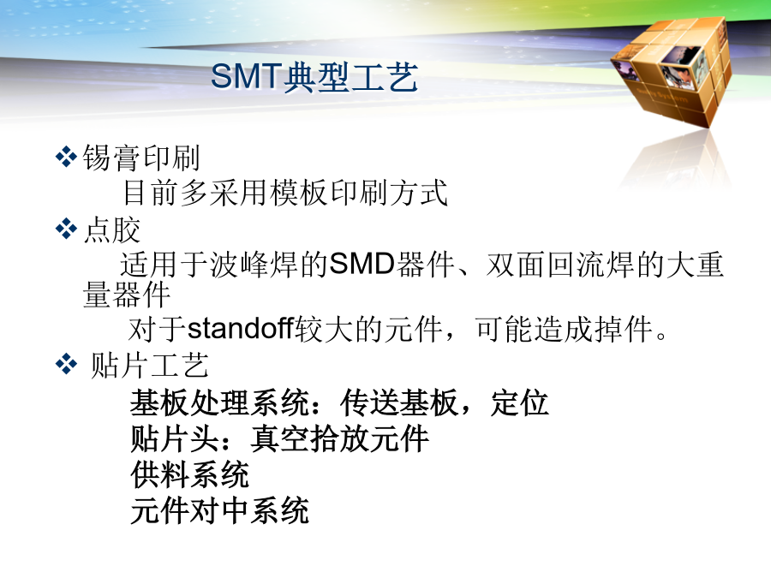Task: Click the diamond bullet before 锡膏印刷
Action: click(x=66, y=158)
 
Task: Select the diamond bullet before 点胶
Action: click(x=66, y=229)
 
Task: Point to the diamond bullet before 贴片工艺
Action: click(x=66, y=364)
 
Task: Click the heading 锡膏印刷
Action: click(x=141, y=158)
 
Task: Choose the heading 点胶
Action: click(x=112, y=229)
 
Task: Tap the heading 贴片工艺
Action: click(x=150, y=365)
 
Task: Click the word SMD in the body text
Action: click(x=362, y=264)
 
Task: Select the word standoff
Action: click(x=241, y=328)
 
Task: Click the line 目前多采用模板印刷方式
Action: click(x=285, y=193)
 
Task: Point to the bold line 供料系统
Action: click(x=190, y=474)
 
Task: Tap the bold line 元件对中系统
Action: click(x=220, y=510)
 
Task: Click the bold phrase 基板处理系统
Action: click(x=220, y=403)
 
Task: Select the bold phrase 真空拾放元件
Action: click(x=340, y=439)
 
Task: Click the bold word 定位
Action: click(x=519, y=403)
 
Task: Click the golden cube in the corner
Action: click(x=671, y=70)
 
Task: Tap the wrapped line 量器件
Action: click(x=127, y=295)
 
